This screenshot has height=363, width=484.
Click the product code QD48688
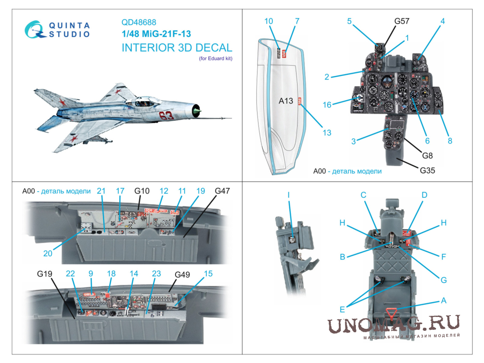pos(139,22)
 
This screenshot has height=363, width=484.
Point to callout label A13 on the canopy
pos(286,101)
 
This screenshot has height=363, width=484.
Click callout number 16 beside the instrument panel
pos(327,105)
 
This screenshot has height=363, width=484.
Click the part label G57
pos(401,21)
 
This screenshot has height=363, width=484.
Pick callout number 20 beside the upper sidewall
pos(47,253)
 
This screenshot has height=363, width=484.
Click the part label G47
pos(222,191)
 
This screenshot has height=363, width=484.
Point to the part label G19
pos(44,274)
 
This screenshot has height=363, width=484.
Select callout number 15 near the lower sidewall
pos(208,274)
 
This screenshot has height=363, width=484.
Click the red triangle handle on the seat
pos(391,312)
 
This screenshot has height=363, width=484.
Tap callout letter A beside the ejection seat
pos(444,300)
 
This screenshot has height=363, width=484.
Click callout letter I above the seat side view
pos(288,195)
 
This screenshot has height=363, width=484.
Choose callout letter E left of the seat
pos(342,308)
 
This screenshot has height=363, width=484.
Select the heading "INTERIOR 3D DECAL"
pos(177,47)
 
